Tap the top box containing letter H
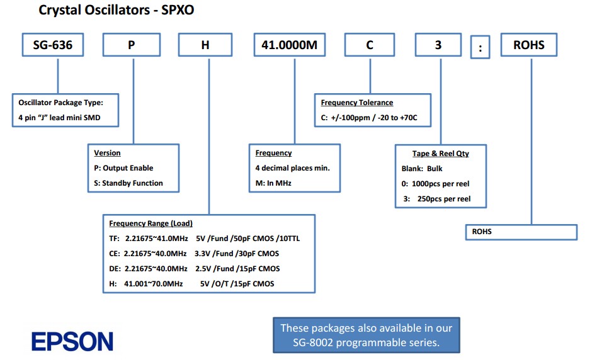pos(206,45)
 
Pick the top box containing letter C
pos(370,45)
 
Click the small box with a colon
pos(480,48)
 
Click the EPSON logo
pos(72,341)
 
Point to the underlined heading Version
pos(107,153)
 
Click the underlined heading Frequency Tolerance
pos(357,103)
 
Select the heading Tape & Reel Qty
pos(441,154)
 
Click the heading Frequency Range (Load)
pos(151,223)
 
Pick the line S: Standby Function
pos(128,183)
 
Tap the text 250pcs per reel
pos(444,199)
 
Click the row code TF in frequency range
pos(114,239)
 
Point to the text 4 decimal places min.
pos(293,168)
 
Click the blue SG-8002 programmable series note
pos(366,335)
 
